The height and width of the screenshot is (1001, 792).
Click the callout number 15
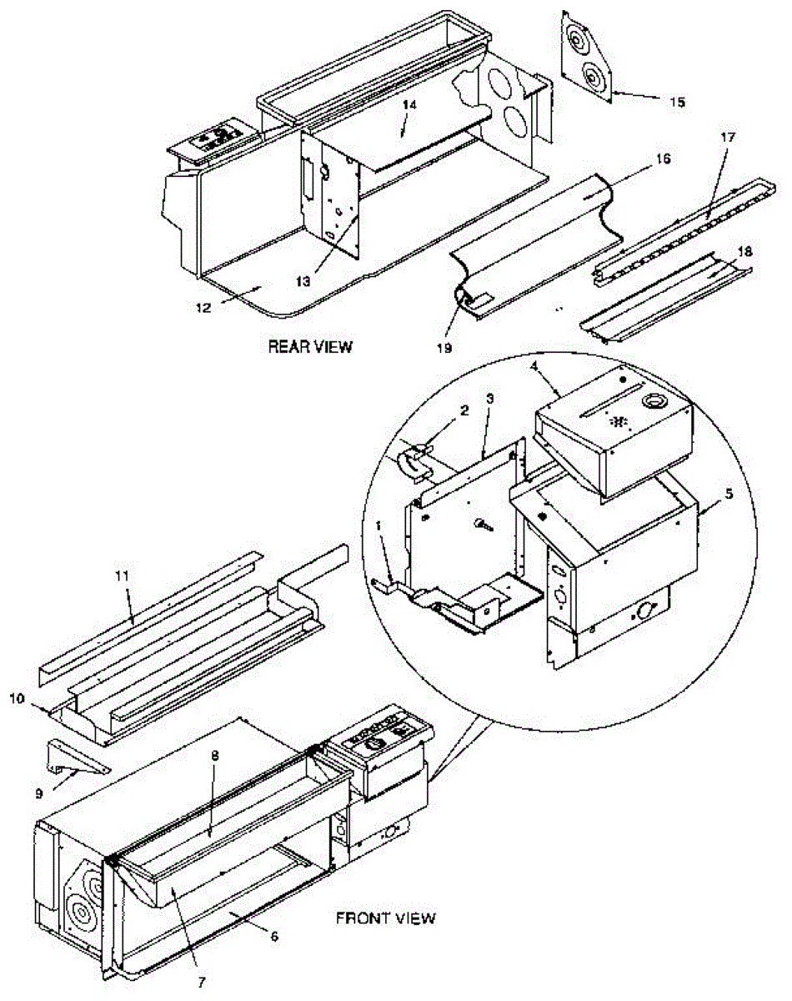[x=677, y=102]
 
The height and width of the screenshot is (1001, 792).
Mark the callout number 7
[x=200, y=982]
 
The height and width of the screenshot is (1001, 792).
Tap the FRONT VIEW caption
[x=385, y=918]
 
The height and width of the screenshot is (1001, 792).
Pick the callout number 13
[x=303, y=283]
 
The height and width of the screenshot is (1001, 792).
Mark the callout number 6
[x=275, y=937]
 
